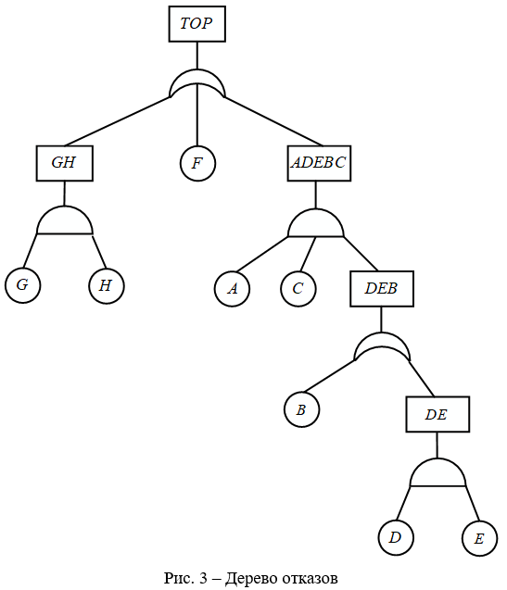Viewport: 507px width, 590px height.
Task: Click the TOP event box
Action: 197,24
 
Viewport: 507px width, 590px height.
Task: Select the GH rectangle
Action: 64,163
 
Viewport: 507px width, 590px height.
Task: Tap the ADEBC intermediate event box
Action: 319,163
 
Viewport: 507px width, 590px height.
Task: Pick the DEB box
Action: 382,289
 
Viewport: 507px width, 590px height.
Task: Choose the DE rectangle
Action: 437,414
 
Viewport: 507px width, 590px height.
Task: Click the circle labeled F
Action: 197,163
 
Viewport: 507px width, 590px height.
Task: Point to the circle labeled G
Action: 22,285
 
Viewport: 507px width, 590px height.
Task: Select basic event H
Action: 107,285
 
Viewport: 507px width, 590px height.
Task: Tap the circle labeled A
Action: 232,289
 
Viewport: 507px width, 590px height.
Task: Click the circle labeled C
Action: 298,289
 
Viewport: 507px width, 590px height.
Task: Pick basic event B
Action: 301,409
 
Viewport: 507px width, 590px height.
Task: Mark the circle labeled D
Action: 396,538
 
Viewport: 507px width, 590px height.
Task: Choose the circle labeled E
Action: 479,538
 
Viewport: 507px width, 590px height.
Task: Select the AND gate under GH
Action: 65,220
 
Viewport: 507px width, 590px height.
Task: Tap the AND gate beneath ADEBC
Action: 316,223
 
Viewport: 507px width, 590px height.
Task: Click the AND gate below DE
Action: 437,472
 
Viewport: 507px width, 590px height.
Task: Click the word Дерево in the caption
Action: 251,578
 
